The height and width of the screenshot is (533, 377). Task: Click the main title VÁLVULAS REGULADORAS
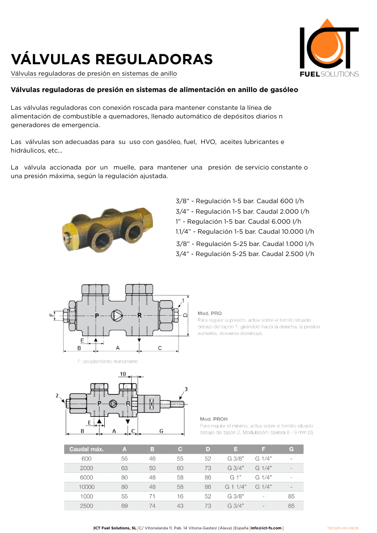pos(112,59)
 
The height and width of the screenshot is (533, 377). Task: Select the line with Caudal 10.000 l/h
pos(245,231)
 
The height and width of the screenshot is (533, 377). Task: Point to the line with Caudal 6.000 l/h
pos(239,221)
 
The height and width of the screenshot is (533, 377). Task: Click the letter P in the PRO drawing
pos(97,315)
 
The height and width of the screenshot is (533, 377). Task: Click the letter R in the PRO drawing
pos(139,315)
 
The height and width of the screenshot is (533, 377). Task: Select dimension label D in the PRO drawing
pos(185,315)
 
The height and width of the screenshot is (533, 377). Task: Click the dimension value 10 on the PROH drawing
pos(122,374)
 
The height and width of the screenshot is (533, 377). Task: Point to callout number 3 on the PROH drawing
pos(186,389)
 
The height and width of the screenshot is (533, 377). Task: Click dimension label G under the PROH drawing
pos(161,430)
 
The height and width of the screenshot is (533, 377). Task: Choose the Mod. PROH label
pos(214,419)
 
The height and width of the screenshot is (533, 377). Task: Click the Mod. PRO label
pos(209,313)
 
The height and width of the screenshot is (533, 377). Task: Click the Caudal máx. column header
pos(87,449)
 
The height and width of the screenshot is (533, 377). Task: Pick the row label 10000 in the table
pos(87,487)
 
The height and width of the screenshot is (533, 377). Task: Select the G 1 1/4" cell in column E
pos(235,487)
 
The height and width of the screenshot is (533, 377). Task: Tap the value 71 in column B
pos(152,496)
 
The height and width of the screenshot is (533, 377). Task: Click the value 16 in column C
pos(180,496)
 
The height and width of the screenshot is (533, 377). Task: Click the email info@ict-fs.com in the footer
pos(266,528)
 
